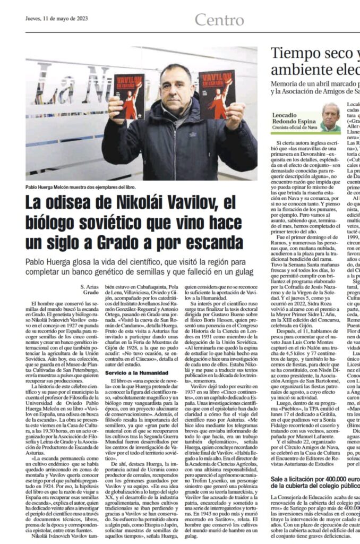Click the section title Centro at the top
(x=218, y=20)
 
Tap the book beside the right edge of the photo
(x=217, y=95)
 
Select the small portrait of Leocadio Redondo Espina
(x=330, y=117)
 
